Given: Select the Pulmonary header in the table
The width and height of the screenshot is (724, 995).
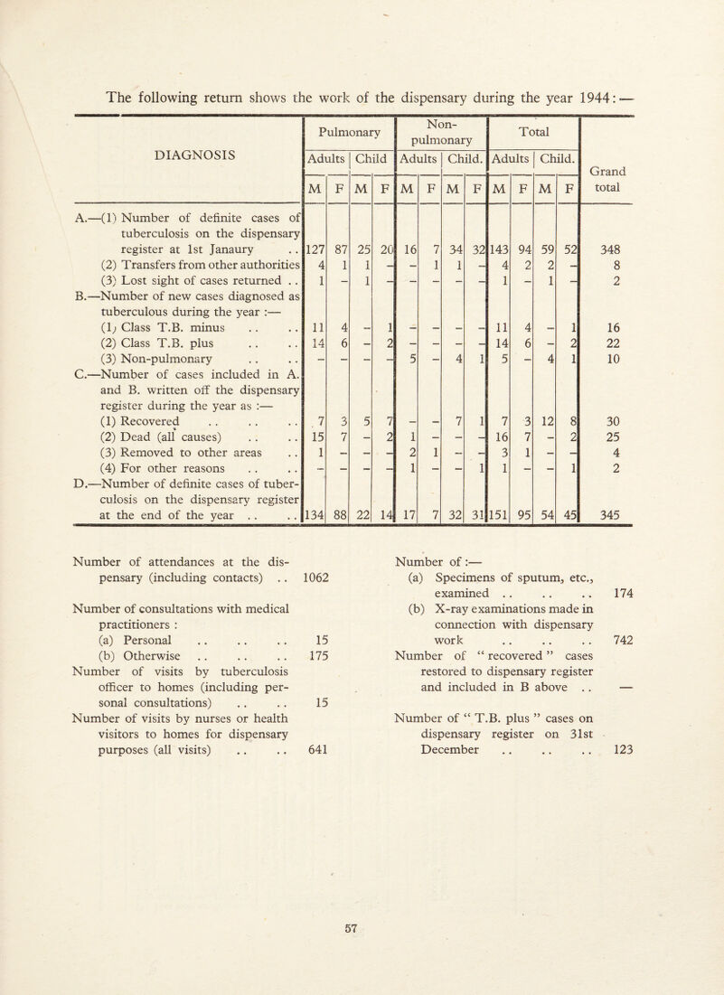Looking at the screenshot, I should (346, 117).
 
